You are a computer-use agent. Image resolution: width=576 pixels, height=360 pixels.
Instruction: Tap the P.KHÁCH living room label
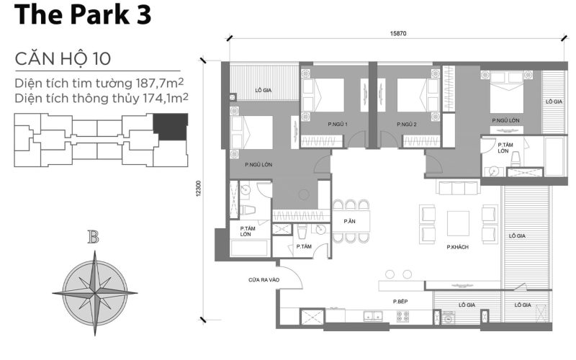click(457, 247)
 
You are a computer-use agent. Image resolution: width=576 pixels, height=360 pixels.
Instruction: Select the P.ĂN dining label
click(350, 221)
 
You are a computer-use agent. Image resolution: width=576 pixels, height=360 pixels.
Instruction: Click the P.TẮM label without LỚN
click(303, 247)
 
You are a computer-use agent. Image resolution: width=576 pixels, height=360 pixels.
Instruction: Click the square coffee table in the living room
click(458, 223)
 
